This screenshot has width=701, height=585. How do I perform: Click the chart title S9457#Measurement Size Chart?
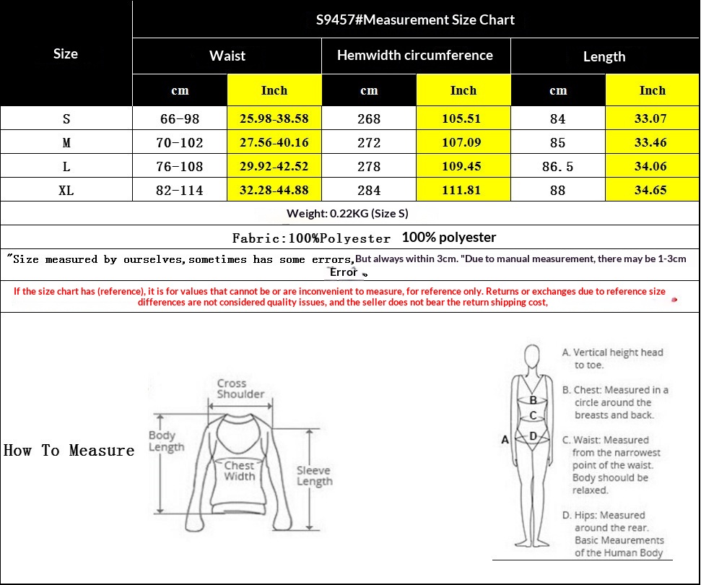tap(415, 19)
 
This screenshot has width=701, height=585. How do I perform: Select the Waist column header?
tap(227, 56)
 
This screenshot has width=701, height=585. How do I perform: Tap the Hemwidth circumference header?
tap(415, 55)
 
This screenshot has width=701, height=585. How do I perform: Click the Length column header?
tap(604, 56)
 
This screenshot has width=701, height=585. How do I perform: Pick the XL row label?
tap(66, 191)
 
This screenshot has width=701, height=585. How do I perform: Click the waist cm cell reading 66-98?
tap(180, 119)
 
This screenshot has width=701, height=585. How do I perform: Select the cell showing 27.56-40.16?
tap(274, 142)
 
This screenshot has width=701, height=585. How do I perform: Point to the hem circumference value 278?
tap(369, 166)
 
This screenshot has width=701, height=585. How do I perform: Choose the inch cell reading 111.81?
tap(461, 190)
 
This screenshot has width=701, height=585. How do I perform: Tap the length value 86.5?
tap(557, 166)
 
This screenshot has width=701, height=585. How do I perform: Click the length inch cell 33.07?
tap(650, 118)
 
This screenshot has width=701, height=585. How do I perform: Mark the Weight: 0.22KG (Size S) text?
tap(347, 213)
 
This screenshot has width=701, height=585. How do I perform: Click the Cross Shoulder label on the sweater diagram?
tap(240, 389)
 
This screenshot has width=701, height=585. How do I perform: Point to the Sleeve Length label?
tap(314, 476)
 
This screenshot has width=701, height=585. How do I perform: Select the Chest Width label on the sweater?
tap(240, 471)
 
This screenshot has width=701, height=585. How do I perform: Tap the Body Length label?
tap(166, 441)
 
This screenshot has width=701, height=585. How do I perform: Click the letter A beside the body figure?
tap(505, 440)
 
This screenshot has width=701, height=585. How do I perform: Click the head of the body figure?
tap(532, 356)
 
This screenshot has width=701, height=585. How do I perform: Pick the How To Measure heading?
tap(69, 451)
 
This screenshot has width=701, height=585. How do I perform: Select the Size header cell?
tap(66, 53)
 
